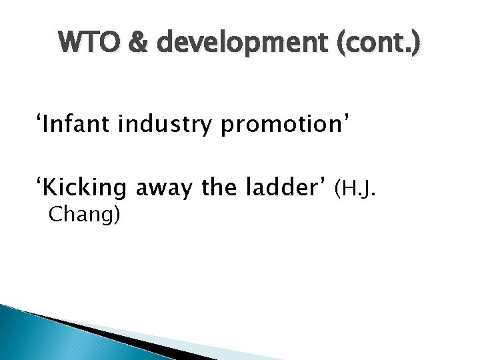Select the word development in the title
[x=225, y=46]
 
